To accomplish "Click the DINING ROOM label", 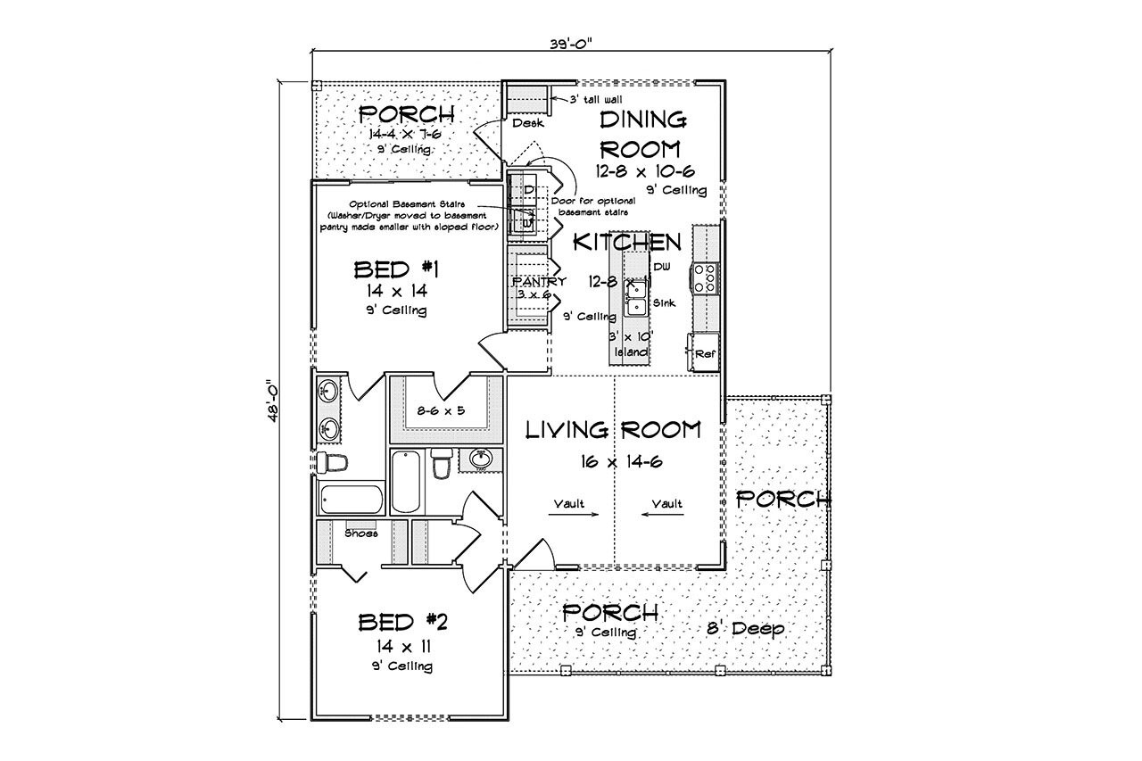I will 641,134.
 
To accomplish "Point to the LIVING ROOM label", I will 612,431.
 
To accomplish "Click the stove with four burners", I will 705,277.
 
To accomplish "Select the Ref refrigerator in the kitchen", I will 705,353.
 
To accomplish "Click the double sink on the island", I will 637,297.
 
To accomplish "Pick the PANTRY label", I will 539,281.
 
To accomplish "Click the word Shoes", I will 361,534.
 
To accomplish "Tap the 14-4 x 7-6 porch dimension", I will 406,133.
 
